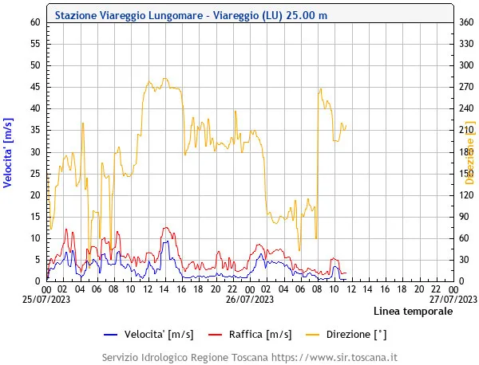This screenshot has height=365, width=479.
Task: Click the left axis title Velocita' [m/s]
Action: pyautogui.click(x=8, y=151)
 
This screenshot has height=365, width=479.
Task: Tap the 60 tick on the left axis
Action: pyautogui.click(x=35, y=22)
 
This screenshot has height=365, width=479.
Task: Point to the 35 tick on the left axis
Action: pyautogui.click(x=35, y=130)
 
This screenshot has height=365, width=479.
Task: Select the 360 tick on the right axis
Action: pyautogui.click(x=465, y=22)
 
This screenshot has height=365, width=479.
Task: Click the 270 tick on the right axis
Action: pyautogui.click(x=465, y=87)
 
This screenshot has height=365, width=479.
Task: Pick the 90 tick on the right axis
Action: pyautogui.click(x=463, y=216)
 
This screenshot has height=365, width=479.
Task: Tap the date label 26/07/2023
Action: pyautogui.click(x=250, y=300)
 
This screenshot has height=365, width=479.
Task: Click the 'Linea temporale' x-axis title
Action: pyautogui.click(x=413, y=312)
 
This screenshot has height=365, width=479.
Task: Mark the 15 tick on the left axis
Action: pyautogui.click(x=35, y=216)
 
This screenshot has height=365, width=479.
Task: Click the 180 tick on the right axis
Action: pyautogui.click(x=465, y=151)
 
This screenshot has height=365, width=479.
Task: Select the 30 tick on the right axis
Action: pyautogui.click(x=463, y=259)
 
